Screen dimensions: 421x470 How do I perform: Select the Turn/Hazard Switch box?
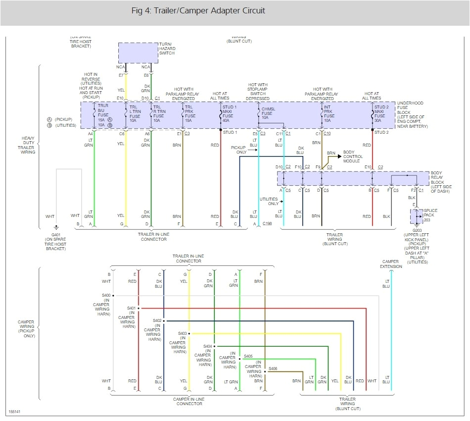pos(138,53)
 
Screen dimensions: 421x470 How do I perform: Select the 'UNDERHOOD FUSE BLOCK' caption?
pos(411,112)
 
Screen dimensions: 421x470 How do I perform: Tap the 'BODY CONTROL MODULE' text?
pos(353,157)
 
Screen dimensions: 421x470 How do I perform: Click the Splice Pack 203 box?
pos(416,216)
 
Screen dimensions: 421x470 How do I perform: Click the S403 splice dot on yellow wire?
pos(189,333)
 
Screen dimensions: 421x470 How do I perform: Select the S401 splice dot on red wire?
pos(139,308)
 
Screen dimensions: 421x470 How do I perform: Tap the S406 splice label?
pos(273,368)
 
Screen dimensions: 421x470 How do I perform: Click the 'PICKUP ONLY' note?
pos(240,150)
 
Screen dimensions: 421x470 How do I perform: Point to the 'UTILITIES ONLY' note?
pos(269,202)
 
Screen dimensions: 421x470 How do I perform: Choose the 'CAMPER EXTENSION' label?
pos(391,264)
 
